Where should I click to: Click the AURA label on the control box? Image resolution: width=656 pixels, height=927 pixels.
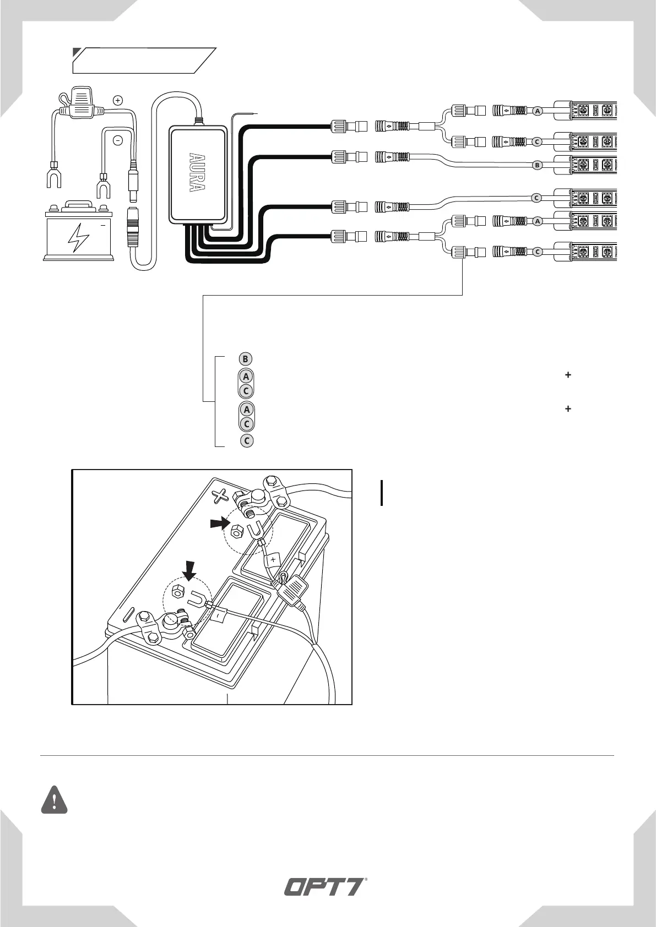pos(197,172)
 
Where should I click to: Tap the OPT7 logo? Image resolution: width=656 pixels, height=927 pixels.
pos(325,887)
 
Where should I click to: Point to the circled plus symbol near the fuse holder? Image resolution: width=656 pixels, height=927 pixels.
pos(117,100)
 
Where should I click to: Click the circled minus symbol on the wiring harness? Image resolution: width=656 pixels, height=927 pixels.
pos(118,140)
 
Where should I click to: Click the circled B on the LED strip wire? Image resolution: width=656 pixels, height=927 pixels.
pos(538,165)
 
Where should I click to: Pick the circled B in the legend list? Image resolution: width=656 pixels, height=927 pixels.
pos(246,359)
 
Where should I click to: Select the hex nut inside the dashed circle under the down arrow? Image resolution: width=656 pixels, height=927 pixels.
pos(178,592)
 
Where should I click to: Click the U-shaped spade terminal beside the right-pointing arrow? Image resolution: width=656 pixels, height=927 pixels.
pos(254,532)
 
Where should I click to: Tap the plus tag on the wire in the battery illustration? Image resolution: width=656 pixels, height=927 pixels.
pos(273,560)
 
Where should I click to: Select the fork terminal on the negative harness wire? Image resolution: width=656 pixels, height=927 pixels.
pos(102,186)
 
